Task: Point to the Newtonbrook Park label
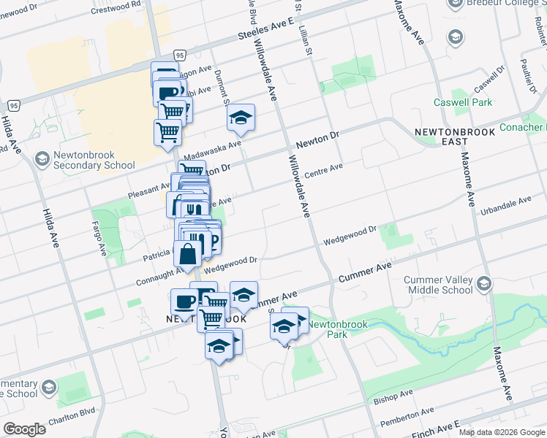(x=327, y=328)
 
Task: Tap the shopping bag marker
(x=188, y=254)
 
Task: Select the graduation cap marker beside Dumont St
(x=240, y=118)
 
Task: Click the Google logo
(x=24, y=429)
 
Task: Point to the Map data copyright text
(x=502, y=432)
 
